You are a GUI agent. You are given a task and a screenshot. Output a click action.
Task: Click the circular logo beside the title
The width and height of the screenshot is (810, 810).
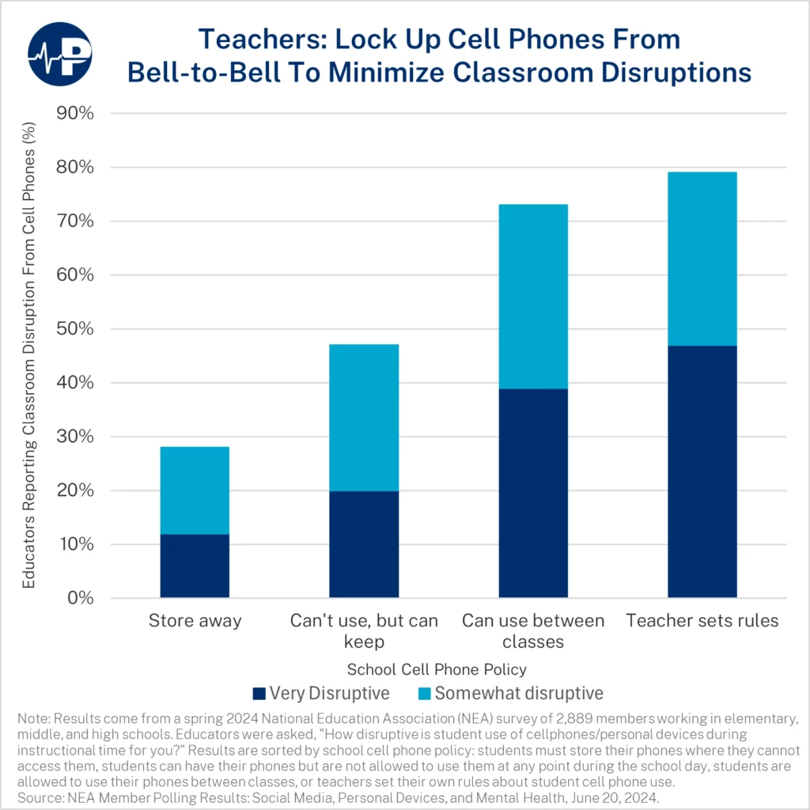tap(59, 55)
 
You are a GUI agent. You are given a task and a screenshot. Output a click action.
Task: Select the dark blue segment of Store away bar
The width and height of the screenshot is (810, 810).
tap(195, 566)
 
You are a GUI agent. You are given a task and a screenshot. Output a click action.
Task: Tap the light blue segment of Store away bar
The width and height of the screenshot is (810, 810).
tap(195, 490)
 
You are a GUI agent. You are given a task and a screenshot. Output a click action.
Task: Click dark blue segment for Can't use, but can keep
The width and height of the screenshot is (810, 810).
tap(364, 544)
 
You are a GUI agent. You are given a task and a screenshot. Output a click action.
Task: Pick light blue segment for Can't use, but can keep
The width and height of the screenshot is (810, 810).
tap(364, 418)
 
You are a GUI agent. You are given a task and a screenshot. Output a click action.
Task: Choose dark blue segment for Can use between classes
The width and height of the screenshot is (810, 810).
tap(533, 493)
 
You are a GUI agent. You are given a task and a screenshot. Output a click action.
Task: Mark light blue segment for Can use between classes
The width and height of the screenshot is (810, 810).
tap(533, 297)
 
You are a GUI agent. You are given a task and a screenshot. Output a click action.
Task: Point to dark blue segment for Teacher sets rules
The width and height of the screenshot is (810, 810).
tap(702, 471)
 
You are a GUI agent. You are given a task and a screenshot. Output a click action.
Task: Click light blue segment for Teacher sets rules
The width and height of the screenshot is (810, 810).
tap(702, 259)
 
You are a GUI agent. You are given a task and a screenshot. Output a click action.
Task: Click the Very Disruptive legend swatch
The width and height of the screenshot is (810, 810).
tap(259, 694)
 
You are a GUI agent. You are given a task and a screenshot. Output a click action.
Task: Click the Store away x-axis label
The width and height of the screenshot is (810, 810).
tap(195, 621)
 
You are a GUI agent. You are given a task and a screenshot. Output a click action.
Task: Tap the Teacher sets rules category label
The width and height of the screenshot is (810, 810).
tap(702, 621)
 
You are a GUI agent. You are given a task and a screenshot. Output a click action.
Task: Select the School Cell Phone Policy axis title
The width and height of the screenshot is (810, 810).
tap(437, 669)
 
